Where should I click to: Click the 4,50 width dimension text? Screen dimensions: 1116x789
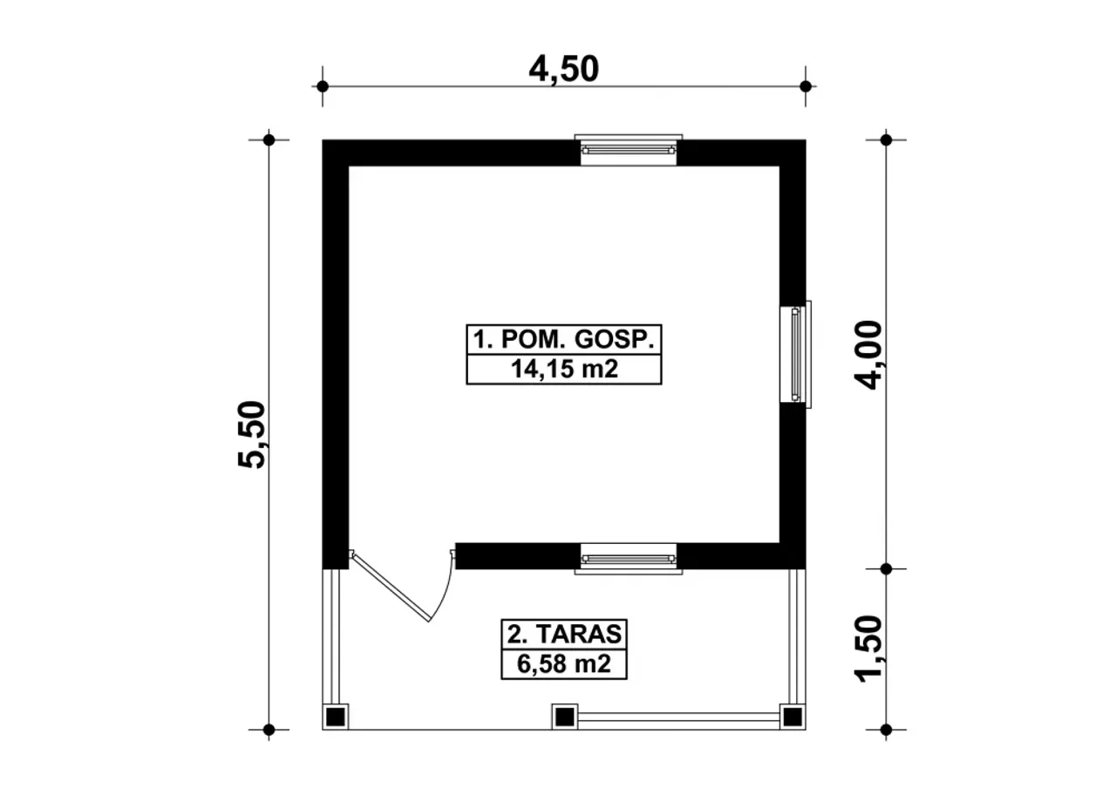pyautogui.click(x=563, y=70)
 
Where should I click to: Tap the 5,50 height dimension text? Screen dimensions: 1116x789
pyautogui.click(x=252, y=434)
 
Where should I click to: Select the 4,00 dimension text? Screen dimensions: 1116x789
pyautogui.click(x=868, y=355)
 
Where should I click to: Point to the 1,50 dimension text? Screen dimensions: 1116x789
pyautogui.click(x=868, y=649)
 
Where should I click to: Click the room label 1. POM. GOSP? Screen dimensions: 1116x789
pyautogui.click(x=563, y=340)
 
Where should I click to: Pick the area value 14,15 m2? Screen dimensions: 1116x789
pyautogui.click(x=564, y=369)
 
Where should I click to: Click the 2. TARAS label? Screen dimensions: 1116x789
pyautogui.click(x=564, y=635)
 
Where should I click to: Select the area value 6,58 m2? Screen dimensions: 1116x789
pyautogui.click(x=563, y=664)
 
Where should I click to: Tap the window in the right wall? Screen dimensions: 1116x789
pyautogui.click(x=796, y=354)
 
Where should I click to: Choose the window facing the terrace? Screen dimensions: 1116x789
pyautogui.click(x=629, y=559)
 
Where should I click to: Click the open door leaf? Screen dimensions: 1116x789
pyautogui.click(x=390, y=587)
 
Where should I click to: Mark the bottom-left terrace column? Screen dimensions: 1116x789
pyautogui.click(x=336, y=718)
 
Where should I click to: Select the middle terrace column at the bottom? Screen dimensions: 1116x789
pyautogui.click(x=564, y=718)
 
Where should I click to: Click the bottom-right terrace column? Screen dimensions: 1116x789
pyautogui.click(x=793, y=718)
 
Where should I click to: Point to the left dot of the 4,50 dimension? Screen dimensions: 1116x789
pyautogui.click(x=323, y=86)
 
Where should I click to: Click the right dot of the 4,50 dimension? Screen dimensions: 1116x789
pyautogui.click(x=806, y=86)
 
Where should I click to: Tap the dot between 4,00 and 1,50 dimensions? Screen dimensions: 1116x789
pyautogui.click(x=886, y=568)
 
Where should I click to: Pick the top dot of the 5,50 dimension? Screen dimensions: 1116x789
pyautogui.click(x=269, y=140)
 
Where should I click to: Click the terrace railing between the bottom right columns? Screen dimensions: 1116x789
pyautogui.click(x=678, y=718)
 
